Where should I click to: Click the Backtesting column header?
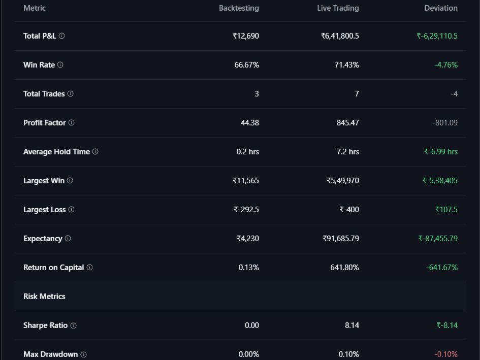(239, 8)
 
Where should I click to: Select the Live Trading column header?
(338, 8)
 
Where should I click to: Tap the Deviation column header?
(441, 8)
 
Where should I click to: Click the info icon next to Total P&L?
(62, 36)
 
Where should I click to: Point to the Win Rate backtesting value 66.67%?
(246, 65)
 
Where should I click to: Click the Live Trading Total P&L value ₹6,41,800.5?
(340, 36)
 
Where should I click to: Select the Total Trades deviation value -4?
(454, 94)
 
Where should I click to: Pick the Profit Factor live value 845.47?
(348, 123)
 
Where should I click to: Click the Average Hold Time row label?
(56, 152)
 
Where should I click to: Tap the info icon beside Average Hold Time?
(95, 152)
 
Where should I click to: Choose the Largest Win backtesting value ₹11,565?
(246, 181)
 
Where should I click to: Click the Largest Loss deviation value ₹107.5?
(446, 210)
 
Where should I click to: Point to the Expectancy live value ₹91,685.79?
(341, 239)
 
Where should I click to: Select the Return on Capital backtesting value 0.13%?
(249, 268)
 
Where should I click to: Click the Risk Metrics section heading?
(44, 297)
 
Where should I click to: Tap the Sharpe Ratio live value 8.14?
(352, 325)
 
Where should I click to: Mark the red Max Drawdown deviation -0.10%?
(446, 354)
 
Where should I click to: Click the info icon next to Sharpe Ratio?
(73, 325)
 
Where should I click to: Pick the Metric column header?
(35, 8)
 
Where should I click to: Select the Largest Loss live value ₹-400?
(349, 210)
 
